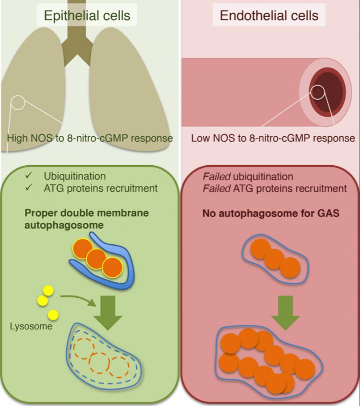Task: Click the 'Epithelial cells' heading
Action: [x=87, y=16]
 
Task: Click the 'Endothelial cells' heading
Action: [x=269, y=16]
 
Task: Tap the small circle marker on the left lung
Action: [x=18, y=103]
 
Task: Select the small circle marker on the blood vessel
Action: [x=317, y=92]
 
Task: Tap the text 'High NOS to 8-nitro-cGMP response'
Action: [x=90, y=138]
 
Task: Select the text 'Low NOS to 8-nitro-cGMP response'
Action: [x=273, y=138]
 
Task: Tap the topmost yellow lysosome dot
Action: [x=48, y=290]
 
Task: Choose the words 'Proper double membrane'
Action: [x=85, y=213]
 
